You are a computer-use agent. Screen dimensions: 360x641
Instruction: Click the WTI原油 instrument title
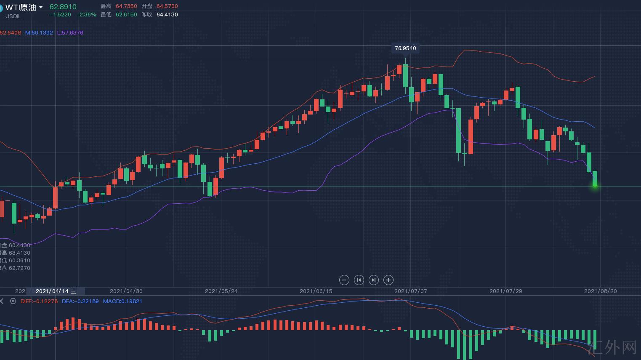21,7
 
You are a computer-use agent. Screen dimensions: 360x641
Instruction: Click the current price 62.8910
63,7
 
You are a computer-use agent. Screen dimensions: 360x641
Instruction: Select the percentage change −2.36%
86,15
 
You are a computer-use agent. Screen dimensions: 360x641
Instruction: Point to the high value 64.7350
126,6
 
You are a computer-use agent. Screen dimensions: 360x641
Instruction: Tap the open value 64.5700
167,6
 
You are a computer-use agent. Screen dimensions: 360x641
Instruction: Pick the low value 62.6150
126,15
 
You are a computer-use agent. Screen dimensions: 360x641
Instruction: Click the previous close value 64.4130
167,15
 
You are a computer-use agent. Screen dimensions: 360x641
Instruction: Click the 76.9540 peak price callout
405,48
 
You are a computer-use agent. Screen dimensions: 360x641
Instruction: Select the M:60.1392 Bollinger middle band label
39,33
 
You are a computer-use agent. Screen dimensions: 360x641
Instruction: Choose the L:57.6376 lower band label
70,33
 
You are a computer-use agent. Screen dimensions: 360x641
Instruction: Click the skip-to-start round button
359,280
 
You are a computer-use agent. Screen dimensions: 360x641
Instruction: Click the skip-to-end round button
374,280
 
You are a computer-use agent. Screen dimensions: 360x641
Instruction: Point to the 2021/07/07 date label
410,291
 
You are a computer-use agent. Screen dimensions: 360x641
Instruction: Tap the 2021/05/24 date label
221,291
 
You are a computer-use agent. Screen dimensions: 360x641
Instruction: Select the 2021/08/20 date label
601,291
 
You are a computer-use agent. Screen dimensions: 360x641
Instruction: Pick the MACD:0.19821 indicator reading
122,301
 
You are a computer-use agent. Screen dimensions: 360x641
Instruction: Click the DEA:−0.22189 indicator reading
80,301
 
